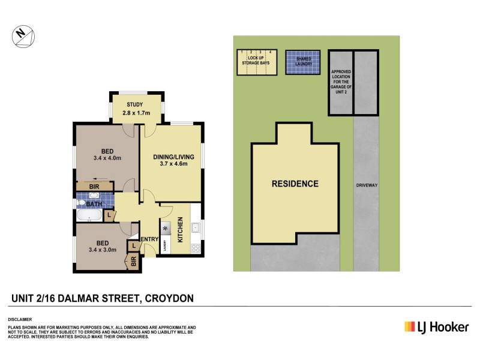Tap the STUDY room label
[x=135, y=104]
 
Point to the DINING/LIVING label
[x=171, y=157]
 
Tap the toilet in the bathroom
[x=83, y=203]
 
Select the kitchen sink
[x=196, y=227]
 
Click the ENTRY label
[x=149, y=240]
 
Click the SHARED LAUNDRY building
[x=302, y=62]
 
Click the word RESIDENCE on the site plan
[x=295, y=184]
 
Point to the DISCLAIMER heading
[x=20, y=319]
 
